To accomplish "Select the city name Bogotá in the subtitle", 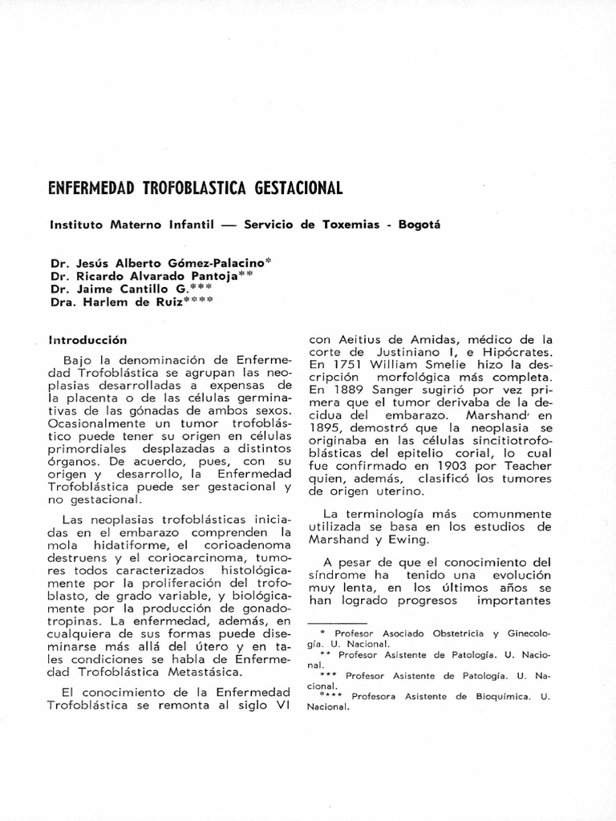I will pyautogui.click(x=418, y=224).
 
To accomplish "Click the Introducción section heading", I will pyautogui.click(x=88, y=339).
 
